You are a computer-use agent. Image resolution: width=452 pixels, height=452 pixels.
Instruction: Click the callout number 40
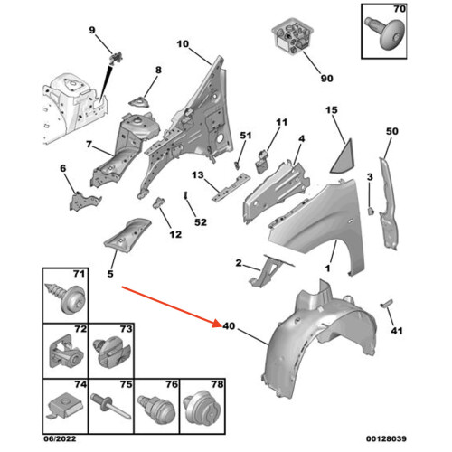coord(229,325)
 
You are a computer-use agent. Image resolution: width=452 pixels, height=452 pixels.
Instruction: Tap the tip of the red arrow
coord(221,325)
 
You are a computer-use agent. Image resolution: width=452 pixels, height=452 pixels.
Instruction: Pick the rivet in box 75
coord(111,406)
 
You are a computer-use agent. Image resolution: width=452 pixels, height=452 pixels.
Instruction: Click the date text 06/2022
coord(60,438)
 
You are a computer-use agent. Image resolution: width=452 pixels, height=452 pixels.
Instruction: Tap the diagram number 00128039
coord(386,438)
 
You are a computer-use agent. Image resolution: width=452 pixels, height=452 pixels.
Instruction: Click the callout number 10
coord(183,44)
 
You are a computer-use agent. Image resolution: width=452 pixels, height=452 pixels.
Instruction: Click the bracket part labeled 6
coord(84,201)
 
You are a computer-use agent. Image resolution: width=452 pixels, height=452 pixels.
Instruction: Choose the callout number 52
coord(201,222)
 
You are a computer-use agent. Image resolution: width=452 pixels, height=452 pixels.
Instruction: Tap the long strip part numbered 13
coord(231,187)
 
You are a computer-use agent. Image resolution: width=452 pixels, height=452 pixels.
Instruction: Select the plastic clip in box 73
coord(112,354)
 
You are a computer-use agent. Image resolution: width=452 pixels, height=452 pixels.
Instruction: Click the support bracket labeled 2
coord(269,271)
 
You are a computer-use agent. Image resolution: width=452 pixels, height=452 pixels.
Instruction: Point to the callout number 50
coord(392,131)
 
